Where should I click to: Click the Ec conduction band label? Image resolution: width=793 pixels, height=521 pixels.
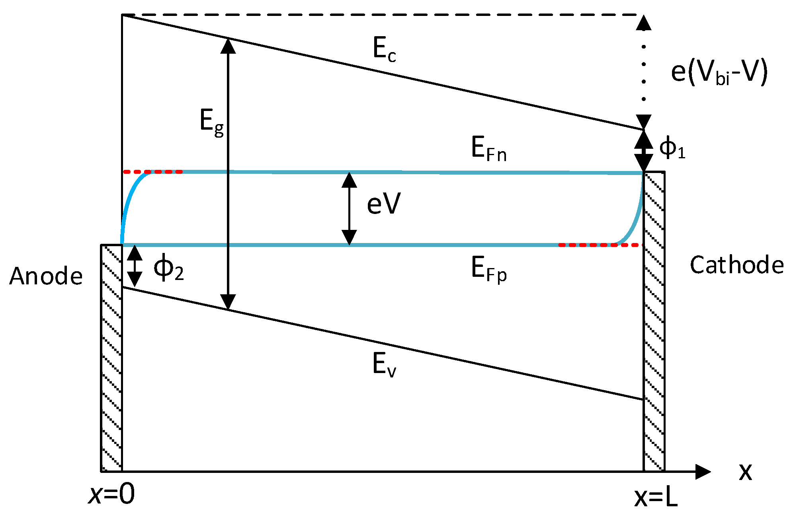pos(384,50)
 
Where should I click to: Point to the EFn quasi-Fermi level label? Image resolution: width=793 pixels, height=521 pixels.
pos(488,149)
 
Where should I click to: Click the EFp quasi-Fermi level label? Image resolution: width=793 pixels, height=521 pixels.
pos(488,269)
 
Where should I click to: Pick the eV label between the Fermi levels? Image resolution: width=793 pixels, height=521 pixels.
pos(383,204)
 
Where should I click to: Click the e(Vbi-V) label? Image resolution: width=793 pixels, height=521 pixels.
pos(719,73)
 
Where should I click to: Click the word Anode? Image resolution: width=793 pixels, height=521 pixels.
pos(46,276)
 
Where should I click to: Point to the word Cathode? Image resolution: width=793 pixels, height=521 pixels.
pos(736,265)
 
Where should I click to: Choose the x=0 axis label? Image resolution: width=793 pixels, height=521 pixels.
pos(112,495)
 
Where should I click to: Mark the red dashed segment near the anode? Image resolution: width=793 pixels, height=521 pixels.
pos(153,172)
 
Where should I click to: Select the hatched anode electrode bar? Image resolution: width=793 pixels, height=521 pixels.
pos(111,358)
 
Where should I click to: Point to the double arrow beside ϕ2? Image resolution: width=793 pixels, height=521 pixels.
pos(135,266)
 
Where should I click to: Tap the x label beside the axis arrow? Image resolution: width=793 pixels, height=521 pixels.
pos(745,472)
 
